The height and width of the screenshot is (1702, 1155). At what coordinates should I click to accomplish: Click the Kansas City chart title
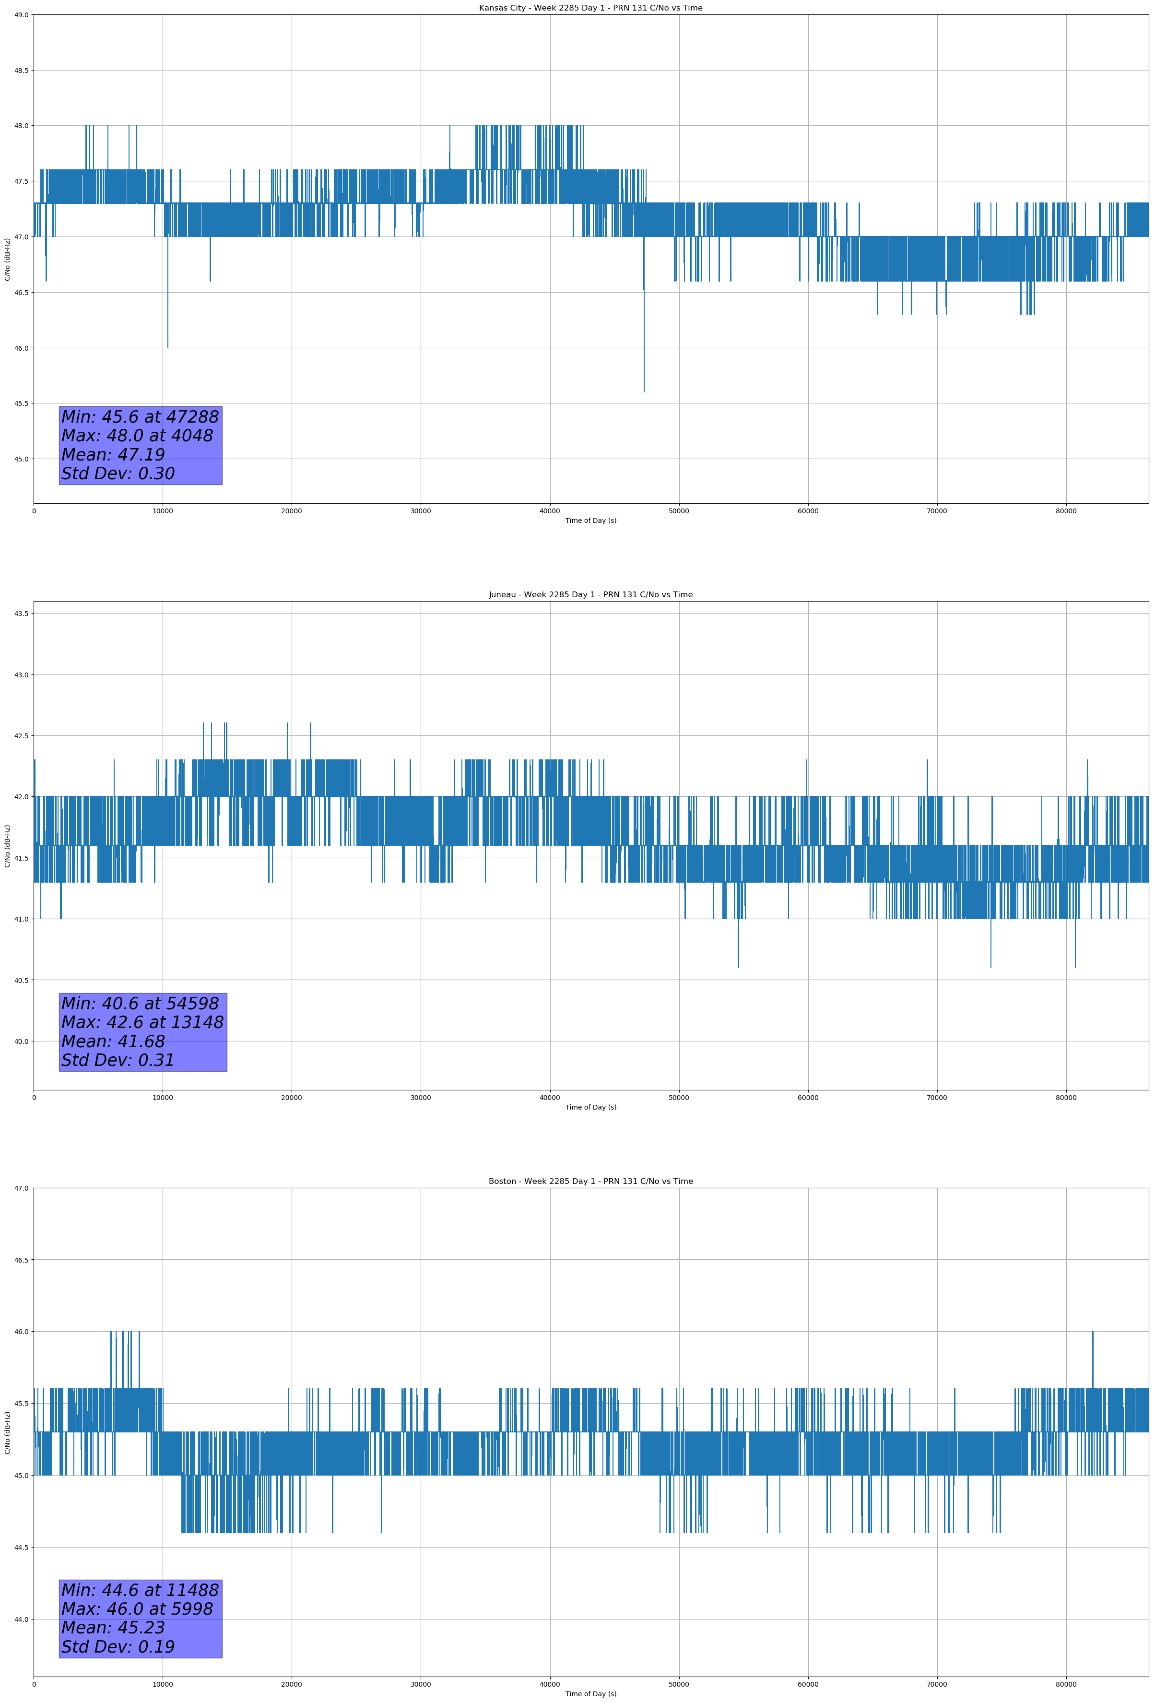pyautogui.click(x=590, y=8)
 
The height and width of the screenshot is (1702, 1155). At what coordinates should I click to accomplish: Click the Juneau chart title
pyautogui.click(x=590, y=595)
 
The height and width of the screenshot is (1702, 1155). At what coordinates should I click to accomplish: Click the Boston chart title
pyautogui.click(x=590, y=1182)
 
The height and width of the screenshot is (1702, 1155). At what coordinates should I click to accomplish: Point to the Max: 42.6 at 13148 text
pyautogui.click(x=142, y=1022)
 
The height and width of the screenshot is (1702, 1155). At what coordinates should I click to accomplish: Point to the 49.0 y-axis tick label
pyautogui.click(x=21, y=15)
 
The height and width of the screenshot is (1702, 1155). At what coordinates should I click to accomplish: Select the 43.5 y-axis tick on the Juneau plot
pyautogui.click(x=21, y=614)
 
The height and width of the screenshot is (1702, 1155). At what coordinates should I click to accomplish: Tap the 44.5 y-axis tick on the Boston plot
pyautogui.click(x=21, y=1548)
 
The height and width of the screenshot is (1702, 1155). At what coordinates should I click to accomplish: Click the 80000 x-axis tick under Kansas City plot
pyautogui.click(x=1066, y=511)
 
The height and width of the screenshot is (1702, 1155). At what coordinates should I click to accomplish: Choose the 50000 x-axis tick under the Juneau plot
pyautogui.click(x=679, y=1098)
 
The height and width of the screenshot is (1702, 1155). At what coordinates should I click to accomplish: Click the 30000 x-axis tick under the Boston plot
pyautogui.click(x=420, y=1684)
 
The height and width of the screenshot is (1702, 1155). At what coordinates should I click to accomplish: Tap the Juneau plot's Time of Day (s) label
pyautogui.click(x=590, y=1107)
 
